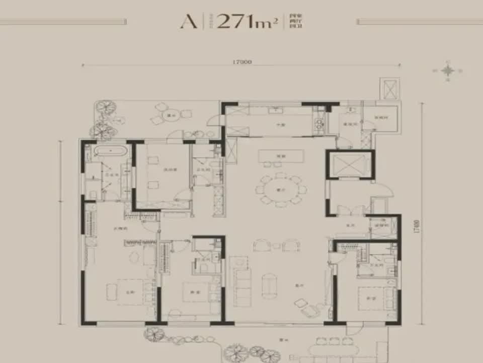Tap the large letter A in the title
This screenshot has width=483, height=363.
click(189, 22)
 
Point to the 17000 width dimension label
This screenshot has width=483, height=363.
click(242, 62)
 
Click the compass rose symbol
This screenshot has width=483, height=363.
click(447, 71)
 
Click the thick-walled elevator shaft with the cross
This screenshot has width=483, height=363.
click(349, 164)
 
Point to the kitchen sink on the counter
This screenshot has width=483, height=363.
click(275, 110)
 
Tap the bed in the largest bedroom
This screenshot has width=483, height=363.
click(125, 291)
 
